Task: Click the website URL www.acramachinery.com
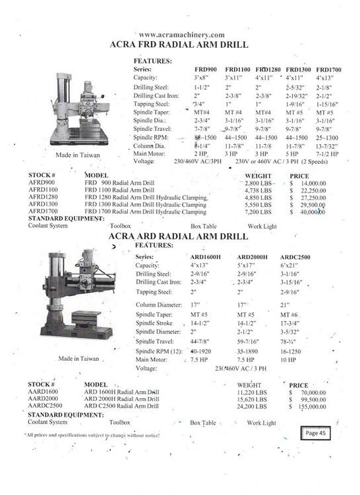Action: [x=182, y=35]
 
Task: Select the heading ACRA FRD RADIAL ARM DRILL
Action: [x=179, y=45]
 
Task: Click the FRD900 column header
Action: [x=205, y=69]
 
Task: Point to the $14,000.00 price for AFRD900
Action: [x=308, y=183]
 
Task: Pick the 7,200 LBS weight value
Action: [x=258, y=212]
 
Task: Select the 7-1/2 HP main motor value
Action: [x=328, y=155]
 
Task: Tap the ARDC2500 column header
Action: [x=295, y=257]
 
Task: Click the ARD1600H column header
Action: [x=205, y=257]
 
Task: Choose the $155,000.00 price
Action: [x=308, y=406]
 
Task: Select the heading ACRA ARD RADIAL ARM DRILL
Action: [x=178, y=236]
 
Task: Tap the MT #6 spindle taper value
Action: [x=290, y=315]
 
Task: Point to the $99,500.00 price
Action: [x=308, y=399]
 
